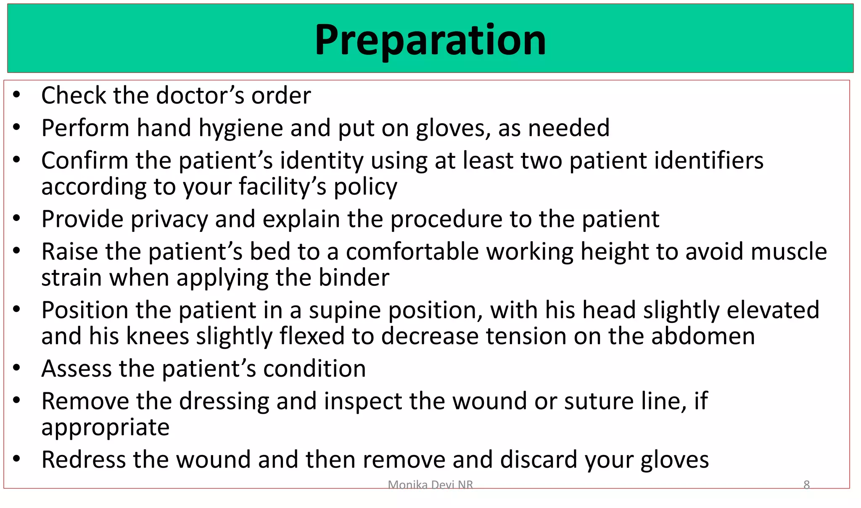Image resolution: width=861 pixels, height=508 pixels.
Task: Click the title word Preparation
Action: coord(430,40)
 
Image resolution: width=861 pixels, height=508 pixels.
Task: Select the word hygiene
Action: coord(240,128)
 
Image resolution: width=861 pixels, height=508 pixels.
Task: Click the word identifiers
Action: coord(666,161)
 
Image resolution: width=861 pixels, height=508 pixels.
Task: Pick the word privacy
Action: coord(169,220)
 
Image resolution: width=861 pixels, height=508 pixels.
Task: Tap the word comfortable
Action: coord(412,252)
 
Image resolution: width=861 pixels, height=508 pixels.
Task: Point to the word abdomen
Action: coord(703,336)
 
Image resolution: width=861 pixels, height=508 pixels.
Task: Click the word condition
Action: coord(314,369)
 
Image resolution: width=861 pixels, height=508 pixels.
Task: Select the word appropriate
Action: coord(106,428)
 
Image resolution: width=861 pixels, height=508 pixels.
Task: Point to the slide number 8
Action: coord(806,485)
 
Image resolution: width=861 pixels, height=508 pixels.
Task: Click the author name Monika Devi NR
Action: coord(430,485)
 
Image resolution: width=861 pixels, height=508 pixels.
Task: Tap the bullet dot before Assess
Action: coord(16,368)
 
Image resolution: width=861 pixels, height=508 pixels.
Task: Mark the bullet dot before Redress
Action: coord(16,459)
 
